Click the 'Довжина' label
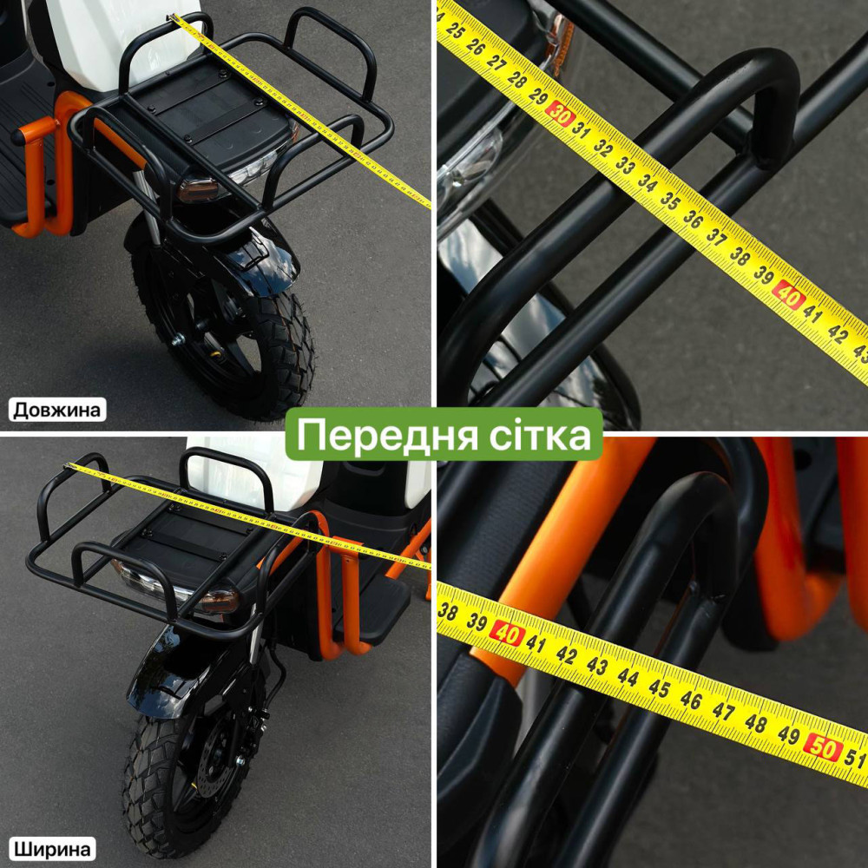[57, 410]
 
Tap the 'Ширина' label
[52, 849]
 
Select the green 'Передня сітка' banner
[444, 434]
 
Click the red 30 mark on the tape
[559, 115]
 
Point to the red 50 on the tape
[823, 747]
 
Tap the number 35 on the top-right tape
[669, 201]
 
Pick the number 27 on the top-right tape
[495, 62]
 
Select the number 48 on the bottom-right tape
[755, 722]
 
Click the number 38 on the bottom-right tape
[447, 611]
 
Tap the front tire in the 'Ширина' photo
[182, 786]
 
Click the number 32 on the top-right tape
[602, 147]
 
